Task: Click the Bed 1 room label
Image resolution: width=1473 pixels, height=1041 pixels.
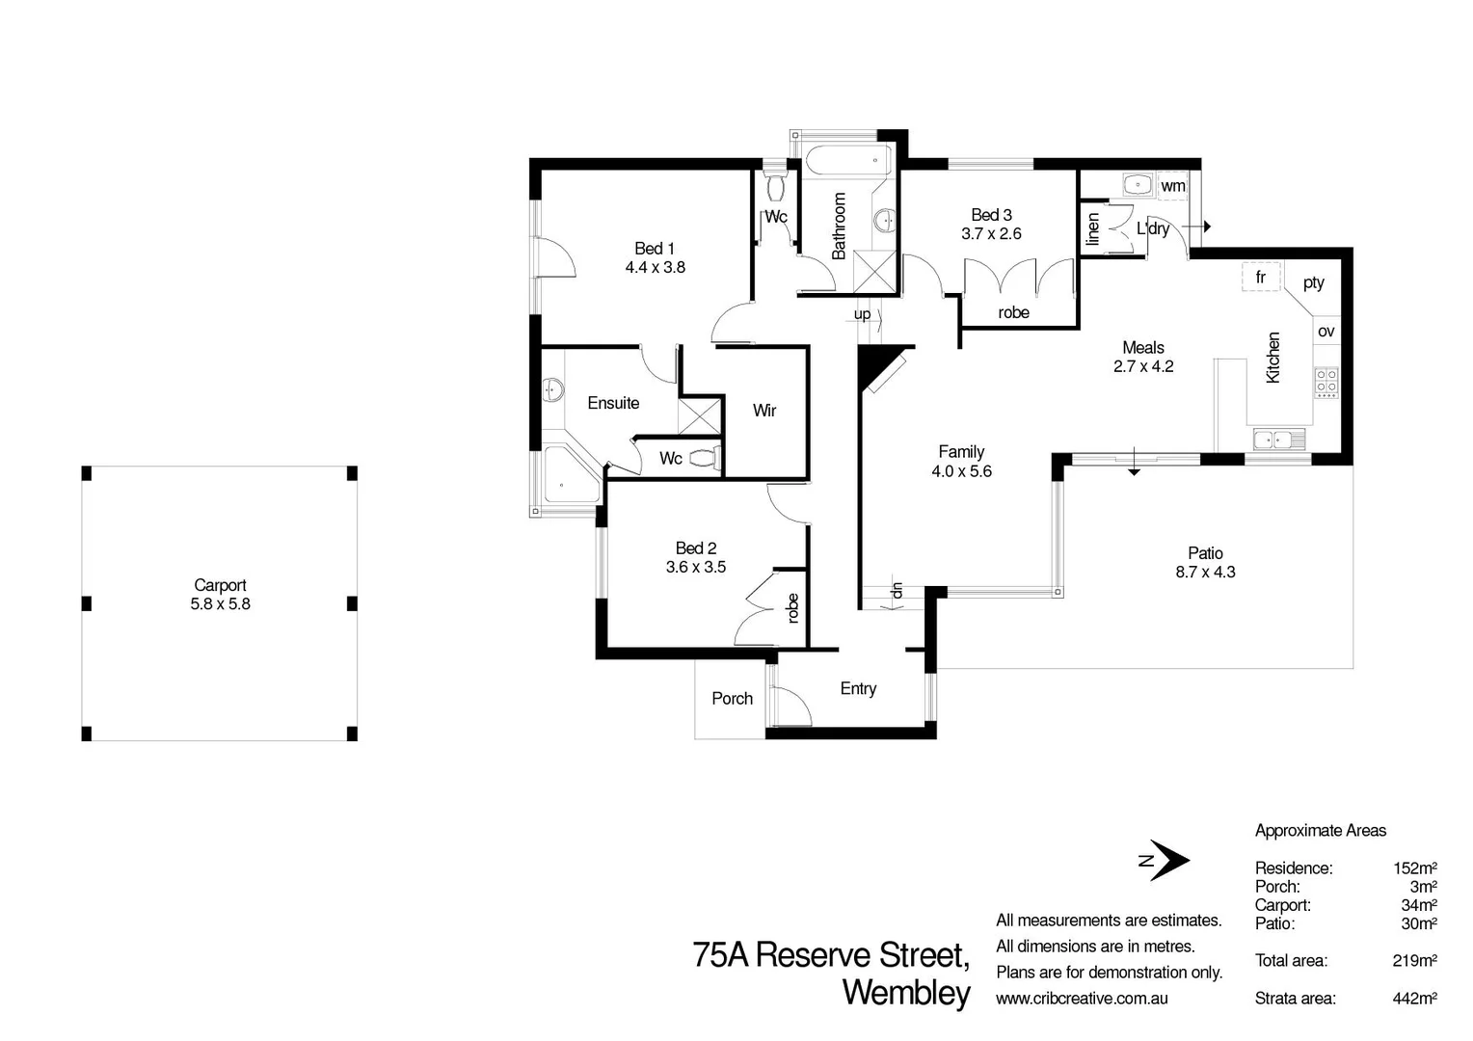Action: tap(655, 249)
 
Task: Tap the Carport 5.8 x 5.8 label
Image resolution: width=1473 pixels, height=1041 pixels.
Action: tap(221, 595)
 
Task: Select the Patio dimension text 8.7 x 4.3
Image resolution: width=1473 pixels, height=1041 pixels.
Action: tap(1205, 573)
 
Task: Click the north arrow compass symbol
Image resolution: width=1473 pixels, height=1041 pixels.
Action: tap(1165, 860)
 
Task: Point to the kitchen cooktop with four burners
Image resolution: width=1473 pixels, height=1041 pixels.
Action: tap(1326, 383)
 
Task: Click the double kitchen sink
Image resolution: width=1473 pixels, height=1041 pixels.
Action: tap(1279, 439)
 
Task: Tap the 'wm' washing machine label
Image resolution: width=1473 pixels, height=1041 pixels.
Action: tap(1172, 186)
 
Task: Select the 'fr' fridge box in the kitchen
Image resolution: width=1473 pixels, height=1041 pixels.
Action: tap(1261, 277)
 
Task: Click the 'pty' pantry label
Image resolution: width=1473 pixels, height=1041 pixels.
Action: tap(1313, 282)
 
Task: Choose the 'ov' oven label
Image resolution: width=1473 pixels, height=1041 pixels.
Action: tap(1326, 332)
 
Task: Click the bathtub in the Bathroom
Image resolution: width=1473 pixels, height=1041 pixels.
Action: tap(848, 161)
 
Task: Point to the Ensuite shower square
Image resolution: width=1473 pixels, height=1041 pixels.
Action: tap(700, 415)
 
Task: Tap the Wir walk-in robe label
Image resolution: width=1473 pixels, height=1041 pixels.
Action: tap(764, 411)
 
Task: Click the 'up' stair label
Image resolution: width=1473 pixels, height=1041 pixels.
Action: tap(862, 315)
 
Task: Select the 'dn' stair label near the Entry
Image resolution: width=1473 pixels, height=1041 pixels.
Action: tap(897, 591)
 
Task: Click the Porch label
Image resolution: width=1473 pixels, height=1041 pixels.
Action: tap(732, 699)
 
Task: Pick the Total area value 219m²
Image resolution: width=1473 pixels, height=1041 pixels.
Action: tap(1414, 961)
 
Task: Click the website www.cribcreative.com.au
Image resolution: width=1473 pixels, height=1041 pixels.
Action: tap(1082, 999)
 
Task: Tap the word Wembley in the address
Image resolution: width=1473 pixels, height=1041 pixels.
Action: tap(906, 993)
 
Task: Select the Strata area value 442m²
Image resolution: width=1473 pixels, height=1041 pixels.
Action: tap(1414, 999)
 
